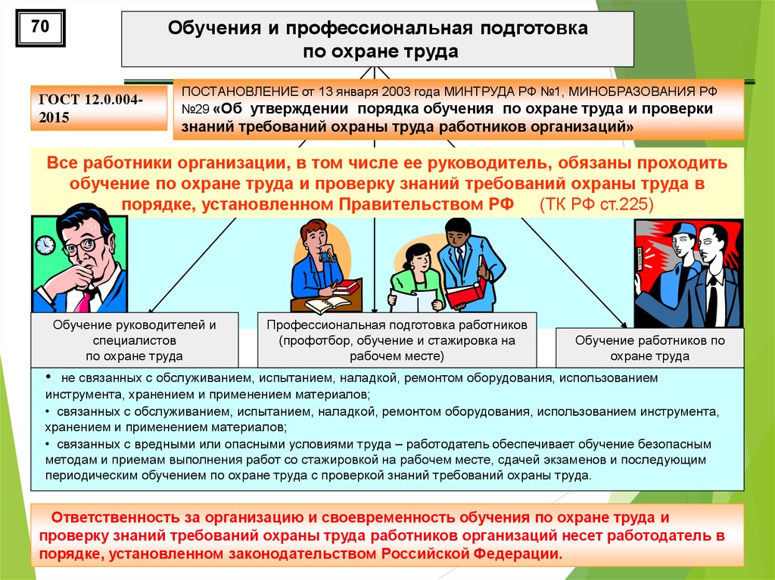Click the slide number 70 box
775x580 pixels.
tap(41, 28)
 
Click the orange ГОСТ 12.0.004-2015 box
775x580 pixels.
tap(99, 108)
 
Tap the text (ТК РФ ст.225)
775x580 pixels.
tap(596, 204)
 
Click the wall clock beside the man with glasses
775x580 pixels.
tap(45, 245)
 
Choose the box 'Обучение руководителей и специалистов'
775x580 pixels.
tap(135, 340)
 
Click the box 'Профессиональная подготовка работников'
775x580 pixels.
tap(397, 340)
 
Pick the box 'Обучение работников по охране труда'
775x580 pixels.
tap(649, 348)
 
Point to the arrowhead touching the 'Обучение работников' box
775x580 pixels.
tap(624, 324)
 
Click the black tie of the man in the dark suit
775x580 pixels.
tap(712, 299)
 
